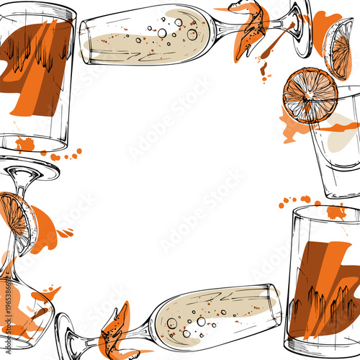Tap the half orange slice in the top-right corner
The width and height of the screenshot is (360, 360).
(x=338, y=48)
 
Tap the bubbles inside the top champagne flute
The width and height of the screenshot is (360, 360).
(x=173, y=32)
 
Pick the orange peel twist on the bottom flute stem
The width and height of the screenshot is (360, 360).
(x=115, y=331)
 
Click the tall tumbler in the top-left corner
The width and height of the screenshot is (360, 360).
(x=36, y=76)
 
